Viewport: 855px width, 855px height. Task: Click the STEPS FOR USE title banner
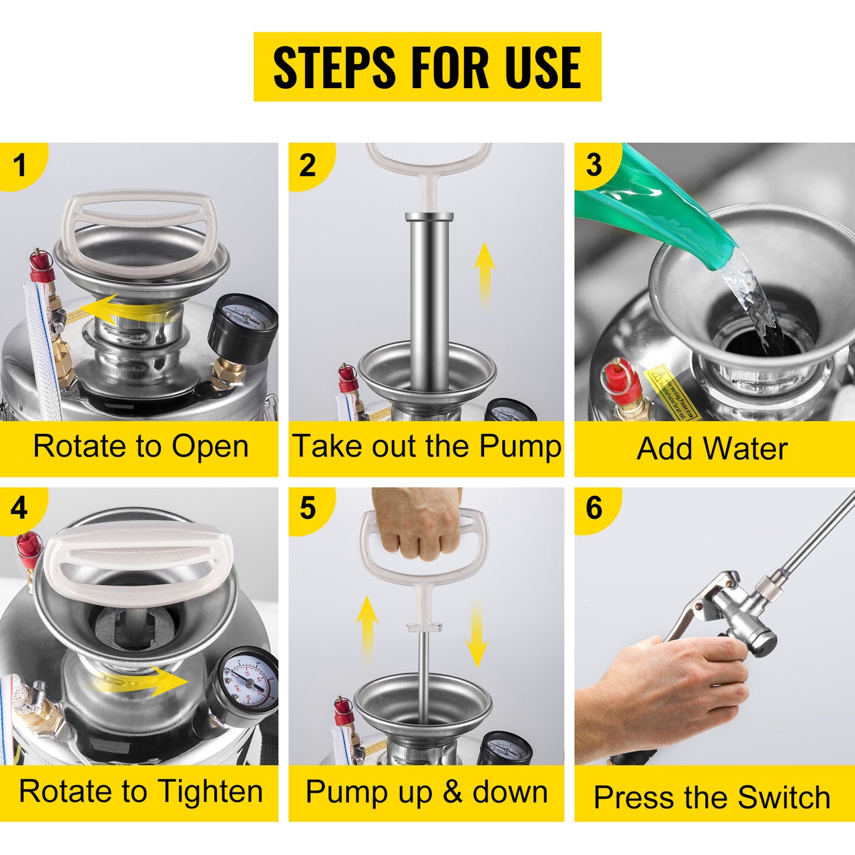[x=427, y=67]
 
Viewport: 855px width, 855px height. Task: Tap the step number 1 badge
[x=20, y=165]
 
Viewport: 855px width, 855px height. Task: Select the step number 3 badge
[x=594, y=165]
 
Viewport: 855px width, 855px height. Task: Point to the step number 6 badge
[x=594, y=508]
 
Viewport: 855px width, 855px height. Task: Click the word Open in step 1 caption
[x=211, y=447]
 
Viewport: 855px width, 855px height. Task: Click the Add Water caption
[x=712, y=449]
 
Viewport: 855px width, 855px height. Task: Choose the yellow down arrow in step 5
[x=476, y=633]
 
